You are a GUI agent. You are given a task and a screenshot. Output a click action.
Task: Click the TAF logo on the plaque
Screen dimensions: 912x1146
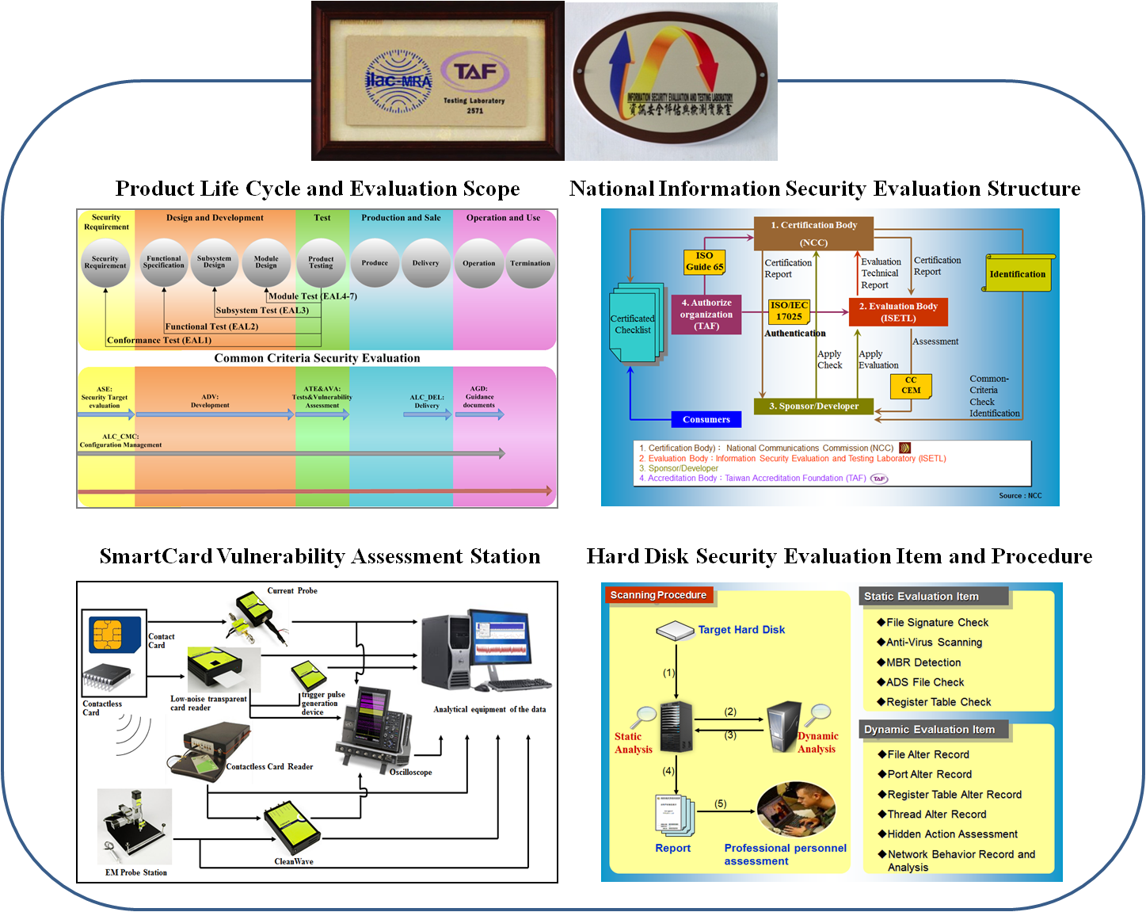475,73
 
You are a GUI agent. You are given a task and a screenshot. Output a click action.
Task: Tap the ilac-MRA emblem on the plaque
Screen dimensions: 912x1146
398,81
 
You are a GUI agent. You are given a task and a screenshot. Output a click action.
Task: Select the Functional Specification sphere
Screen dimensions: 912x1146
164,262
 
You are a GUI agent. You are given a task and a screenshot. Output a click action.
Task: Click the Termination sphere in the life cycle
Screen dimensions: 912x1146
530,263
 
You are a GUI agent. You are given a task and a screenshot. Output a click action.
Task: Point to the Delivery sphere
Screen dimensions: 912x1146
425,263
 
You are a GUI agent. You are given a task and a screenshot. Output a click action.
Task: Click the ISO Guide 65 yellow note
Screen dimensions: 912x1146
705,261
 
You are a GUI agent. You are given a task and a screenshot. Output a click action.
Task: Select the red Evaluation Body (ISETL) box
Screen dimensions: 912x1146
898,312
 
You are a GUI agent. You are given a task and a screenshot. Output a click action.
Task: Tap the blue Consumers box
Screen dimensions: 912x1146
706,419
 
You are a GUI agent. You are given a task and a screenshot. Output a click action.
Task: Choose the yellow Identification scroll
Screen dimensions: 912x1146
1018,273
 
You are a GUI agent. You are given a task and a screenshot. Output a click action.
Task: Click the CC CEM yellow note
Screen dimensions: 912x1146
911,386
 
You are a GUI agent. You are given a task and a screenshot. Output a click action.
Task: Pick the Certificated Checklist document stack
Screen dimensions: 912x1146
634,323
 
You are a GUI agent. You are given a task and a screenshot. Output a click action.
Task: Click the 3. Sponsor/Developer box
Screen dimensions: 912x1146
813,406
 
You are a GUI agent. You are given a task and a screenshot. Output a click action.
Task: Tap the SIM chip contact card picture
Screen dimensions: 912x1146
112,634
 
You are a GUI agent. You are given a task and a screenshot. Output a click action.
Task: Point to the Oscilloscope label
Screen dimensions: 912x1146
410,772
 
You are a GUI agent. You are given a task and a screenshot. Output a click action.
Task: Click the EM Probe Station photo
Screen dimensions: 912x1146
135,826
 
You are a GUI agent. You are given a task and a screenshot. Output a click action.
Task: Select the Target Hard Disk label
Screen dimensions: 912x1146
741,630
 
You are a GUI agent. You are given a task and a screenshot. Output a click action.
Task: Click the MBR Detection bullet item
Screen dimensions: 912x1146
923,662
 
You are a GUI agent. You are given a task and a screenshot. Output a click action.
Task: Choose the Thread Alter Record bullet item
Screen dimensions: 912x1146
936,815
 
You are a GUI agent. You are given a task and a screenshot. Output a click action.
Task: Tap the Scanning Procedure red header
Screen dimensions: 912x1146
658,595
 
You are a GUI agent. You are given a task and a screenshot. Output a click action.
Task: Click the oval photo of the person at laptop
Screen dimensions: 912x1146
796,809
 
